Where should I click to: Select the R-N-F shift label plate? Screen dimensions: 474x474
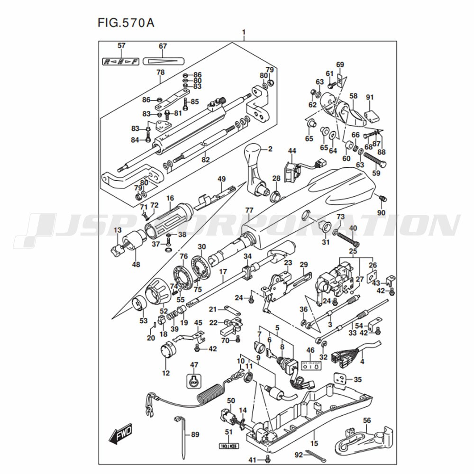pos(121,61)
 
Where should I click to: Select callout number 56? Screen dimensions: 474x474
pos(367,420)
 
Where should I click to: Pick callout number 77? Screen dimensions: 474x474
pos(249,210)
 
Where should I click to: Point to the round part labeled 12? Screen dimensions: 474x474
pos(168,353)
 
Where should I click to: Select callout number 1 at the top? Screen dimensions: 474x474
pos(244,33)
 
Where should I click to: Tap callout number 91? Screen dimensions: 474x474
pos(370,98)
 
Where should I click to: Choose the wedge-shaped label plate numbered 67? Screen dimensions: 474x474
pos(163,61)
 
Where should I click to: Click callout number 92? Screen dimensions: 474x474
pos(298,455)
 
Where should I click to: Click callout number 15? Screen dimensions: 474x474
pos(313,444)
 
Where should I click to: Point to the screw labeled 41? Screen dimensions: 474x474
pos(268,459)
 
